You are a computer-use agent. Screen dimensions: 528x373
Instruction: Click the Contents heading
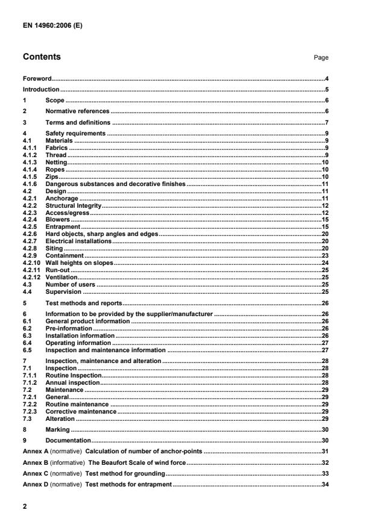coord(42,57)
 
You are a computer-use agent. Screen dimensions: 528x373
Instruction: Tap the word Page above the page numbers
coord(321,58)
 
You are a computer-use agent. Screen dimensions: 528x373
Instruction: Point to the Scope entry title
coord(55,100)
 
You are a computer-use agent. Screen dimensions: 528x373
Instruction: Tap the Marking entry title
coord(58,430)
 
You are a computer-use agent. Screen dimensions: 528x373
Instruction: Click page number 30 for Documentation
coord(324,441)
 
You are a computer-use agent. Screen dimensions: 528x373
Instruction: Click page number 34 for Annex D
coord(324,485)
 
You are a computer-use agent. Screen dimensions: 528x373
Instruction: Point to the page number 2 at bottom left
coord(25,506)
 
